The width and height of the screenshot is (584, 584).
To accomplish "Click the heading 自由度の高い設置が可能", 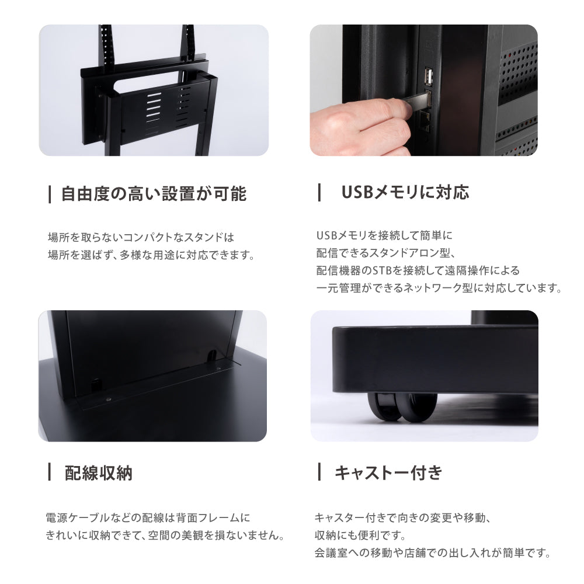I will click(153, 194).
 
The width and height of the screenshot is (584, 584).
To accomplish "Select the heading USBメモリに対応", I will click(405, 192).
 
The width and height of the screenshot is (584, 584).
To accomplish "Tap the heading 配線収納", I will click(98, 472).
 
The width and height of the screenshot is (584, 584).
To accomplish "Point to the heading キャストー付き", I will click(388, 472).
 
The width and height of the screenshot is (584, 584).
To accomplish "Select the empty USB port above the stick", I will click(427, 77).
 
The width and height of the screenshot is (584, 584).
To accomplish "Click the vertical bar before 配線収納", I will click(50, 472).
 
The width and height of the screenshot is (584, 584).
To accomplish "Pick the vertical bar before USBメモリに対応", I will click(319, 192).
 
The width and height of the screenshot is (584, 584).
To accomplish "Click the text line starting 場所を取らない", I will click(140, 238).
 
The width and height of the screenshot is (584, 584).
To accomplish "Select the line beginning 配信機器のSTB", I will click(418, 271).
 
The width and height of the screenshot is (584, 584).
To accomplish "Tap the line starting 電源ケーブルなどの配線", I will click(148, 518).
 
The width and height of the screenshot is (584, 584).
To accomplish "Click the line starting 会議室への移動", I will click(433, 552).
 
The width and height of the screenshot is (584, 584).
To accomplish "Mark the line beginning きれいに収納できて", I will click(165, 535).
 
